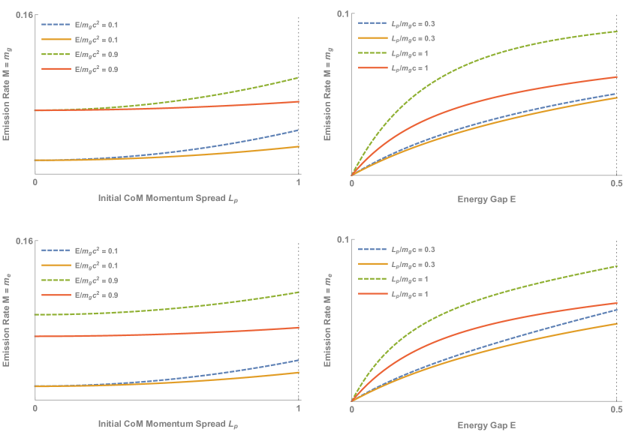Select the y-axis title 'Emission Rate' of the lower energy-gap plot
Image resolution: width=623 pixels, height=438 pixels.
point(328,320)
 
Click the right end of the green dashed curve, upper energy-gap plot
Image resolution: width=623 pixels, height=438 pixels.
point(615,31)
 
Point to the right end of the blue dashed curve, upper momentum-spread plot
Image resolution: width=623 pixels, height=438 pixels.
point(299,130)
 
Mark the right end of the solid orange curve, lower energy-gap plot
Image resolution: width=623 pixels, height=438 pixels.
point(615,323)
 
